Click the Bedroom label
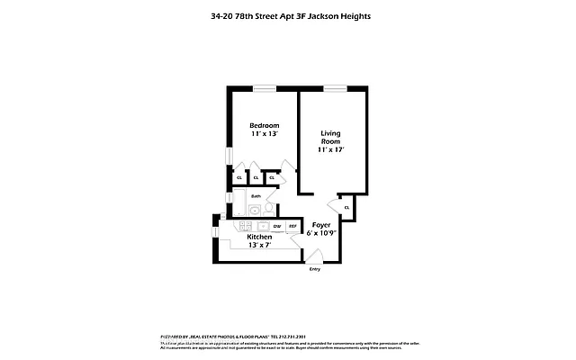click(x=265, y=125)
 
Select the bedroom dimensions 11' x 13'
click(x=265, y=134)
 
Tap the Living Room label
click(x=330, y=138)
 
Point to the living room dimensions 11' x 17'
click(x=330, y=149)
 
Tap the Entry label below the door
click(x=315, y=269)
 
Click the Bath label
click(x=256, y=195)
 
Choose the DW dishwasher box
click(x=277, y=226)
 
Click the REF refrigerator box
click(x=292, y=226)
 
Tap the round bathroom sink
click(x=255, y=211)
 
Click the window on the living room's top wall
click(x=336, y=87)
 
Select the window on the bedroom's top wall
click(x=265, y=87)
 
